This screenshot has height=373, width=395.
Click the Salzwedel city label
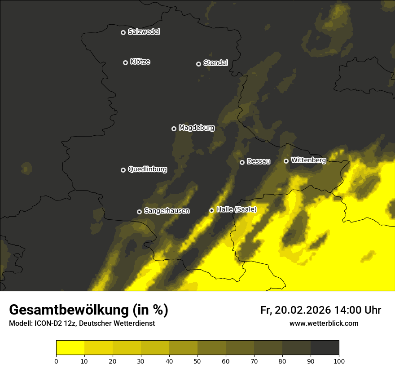[144, 32]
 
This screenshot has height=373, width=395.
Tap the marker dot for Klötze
[125, 62]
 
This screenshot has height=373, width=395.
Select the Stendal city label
[215, 63]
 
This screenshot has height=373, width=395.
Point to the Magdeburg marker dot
[174, 129]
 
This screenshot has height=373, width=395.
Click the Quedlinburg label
[147, 169]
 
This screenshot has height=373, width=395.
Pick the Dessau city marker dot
[242, 162]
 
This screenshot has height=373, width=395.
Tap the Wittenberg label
[308, 160]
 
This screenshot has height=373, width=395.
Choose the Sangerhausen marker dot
[139, 212]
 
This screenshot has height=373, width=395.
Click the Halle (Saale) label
[237, 209]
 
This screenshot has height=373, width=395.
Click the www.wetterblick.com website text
[324, 323]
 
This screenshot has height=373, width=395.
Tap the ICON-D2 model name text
[49, 324]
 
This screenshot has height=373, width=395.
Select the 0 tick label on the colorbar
[56, 361]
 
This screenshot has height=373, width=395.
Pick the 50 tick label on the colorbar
[197, 361]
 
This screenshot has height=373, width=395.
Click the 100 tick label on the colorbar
[339, 361]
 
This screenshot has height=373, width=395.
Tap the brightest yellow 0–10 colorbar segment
[70, 348]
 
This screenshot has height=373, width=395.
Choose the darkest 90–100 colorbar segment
[325, 348]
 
